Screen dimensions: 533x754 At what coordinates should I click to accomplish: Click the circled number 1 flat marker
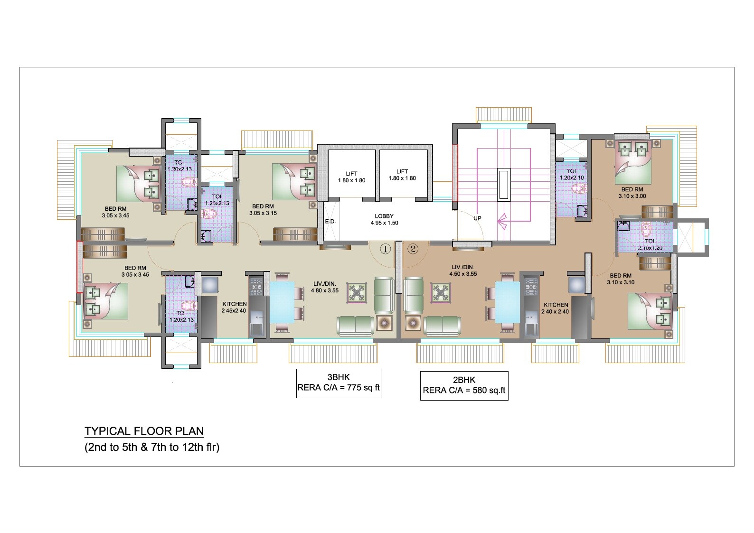[x=386, y=248]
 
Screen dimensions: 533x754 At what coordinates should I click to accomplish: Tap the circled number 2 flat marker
[x=413, y=248]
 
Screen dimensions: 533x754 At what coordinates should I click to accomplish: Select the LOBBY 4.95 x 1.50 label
[x=384, y=219]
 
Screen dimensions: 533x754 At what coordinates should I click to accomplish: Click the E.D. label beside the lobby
[x=330, y=222]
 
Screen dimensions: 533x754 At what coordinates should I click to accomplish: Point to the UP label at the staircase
[x=477, y=218]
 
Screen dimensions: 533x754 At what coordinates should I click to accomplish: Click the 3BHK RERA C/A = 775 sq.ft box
[x=339, y=383]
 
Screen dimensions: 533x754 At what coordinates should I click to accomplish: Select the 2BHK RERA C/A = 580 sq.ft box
[x=464, y=385]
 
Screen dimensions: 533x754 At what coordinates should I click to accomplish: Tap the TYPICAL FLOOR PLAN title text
[x=144, y=431]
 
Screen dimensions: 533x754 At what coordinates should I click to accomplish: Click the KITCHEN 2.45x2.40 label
[x=234, y=307]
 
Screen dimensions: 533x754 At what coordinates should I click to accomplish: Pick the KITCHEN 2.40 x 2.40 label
[x=556, y=308]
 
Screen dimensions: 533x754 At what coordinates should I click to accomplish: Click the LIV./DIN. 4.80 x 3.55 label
[x=324, y=287]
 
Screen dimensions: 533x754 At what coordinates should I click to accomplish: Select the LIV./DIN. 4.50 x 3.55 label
[x=463, y=270]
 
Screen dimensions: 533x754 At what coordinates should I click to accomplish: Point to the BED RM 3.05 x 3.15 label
[x=263, y=210]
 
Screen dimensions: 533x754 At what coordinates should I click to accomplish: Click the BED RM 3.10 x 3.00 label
[x=632, y=192]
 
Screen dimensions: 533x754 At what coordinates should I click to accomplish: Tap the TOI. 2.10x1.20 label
[x=650, y=244]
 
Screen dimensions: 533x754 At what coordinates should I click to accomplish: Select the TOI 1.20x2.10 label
[x=571, y=174]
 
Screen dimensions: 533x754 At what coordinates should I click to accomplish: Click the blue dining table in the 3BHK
[x=282, y=302]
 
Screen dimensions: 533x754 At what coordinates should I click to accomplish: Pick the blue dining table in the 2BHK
[x=508, y=302]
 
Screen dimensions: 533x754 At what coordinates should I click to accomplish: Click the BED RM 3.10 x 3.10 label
[x=621, y=279]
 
